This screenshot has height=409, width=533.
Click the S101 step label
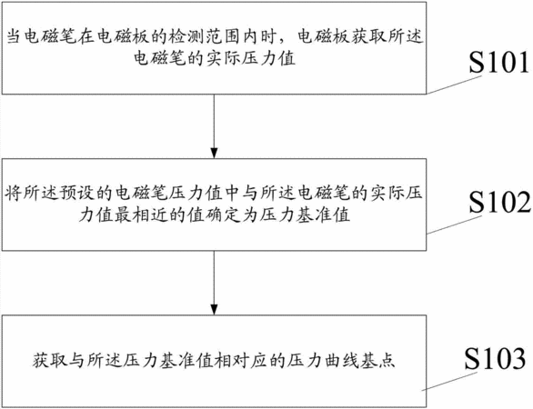click(499, 62)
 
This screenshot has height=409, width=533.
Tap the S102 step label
click(499, 202)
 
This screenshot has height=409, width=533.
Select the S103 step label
click(495, 359)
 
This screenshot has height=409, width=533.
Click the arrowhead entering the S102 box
click(214, 154)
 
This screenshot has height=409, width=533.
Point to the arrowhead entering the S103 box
click(214, 309)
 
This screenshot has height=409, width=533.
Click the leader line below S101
click(454, 85)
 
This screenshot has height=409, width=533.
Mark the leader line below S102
click(454, 224)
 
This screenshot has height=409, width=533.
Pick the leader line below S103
click(449, 382)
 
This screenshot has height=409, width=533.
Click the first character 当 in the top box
click(14, 36)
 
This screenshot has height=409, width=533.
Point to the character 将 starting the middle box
click(13, 194)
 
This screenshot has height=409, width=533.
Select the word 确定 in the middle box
click(224, 215)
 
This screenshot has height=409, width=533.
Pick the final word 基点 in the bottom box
click(378, 360)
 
